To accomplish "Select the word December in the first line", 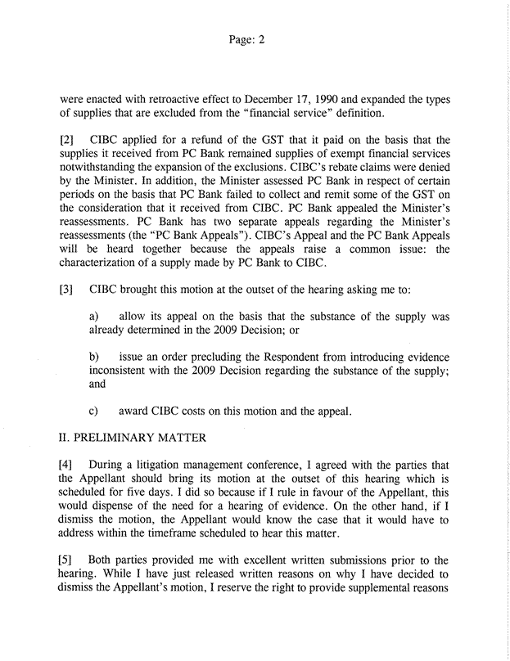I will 291,101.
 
